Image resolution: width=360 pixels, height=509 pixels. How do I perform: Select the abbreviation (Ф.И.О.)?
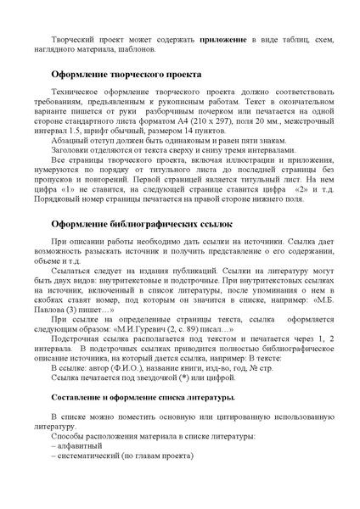(138, 369)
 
